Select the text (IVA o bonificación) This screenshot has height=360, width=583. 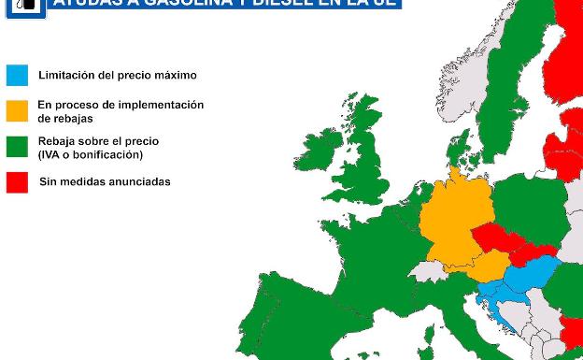[x=91, y=154]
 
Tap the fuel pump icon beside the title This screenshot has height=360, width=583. [x=25, y=5]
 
